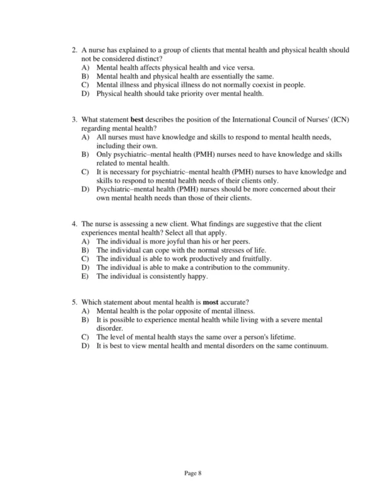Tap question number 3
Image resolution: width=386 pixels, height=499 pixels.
(75, 120)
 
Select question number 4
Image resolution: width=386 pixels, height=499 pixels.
(75, 223)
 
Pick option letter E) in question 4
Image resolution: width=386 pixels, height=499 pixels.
(85, 277)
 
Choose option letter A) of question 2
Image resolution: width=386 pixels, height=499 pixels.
(85, 67)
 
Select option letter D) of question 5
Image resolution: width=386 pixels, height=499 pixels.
(85, 345)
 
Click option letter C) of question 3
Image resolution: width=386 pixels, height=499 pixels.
(85, 172)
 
